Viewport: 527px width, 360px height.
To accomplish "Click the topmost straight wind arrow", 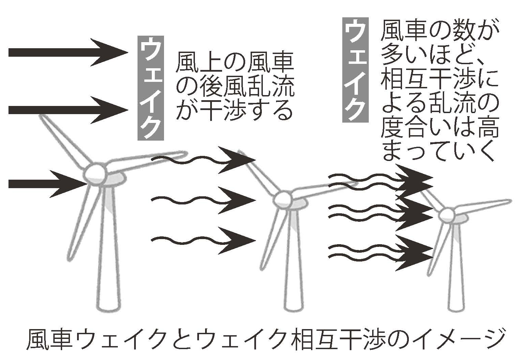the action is tap(68, 52).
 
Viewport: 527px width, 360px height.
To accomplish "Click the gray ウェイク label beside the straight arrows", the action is tap(150, 88).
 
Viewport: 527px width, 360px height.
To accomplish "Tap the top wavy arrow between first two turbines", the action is tap(203, 160).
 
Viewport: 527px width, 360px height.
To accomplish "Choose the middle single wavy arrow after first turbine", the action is tap(203, 200).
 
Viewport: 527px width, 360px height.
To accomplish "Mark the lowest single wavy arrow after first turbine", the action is tap(203, 240).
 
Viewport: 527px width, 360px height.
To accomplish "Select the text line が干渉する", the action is tap(234, 110).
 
